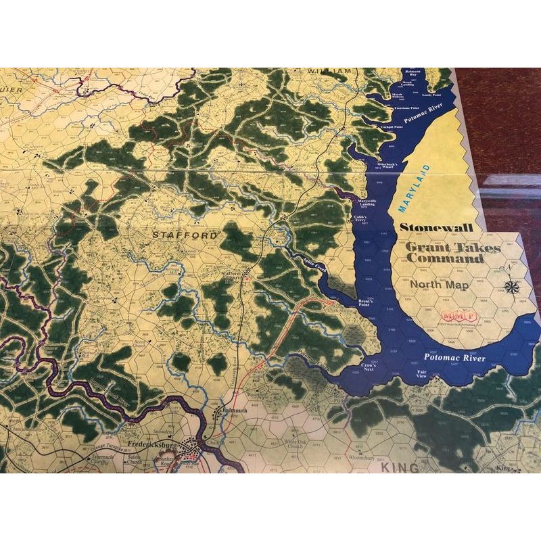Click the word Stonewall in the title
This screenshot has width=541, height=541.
(441, 229)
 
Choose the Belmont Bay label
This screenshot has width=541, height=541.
(413, 72)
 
